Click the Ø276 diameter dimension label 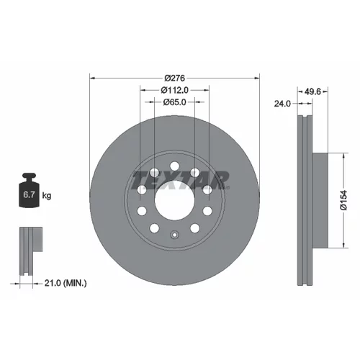175,78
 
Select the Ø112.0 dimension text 175,90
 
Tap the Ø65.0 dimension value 174,102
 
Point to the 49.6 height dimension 312,91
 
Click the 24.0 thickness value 282,104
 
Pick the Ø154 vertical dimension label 343,200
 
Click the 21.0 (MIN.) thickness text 66,283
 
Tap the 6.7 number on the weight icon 29,194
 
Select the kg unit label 47,196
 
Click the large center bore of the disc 174,200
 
